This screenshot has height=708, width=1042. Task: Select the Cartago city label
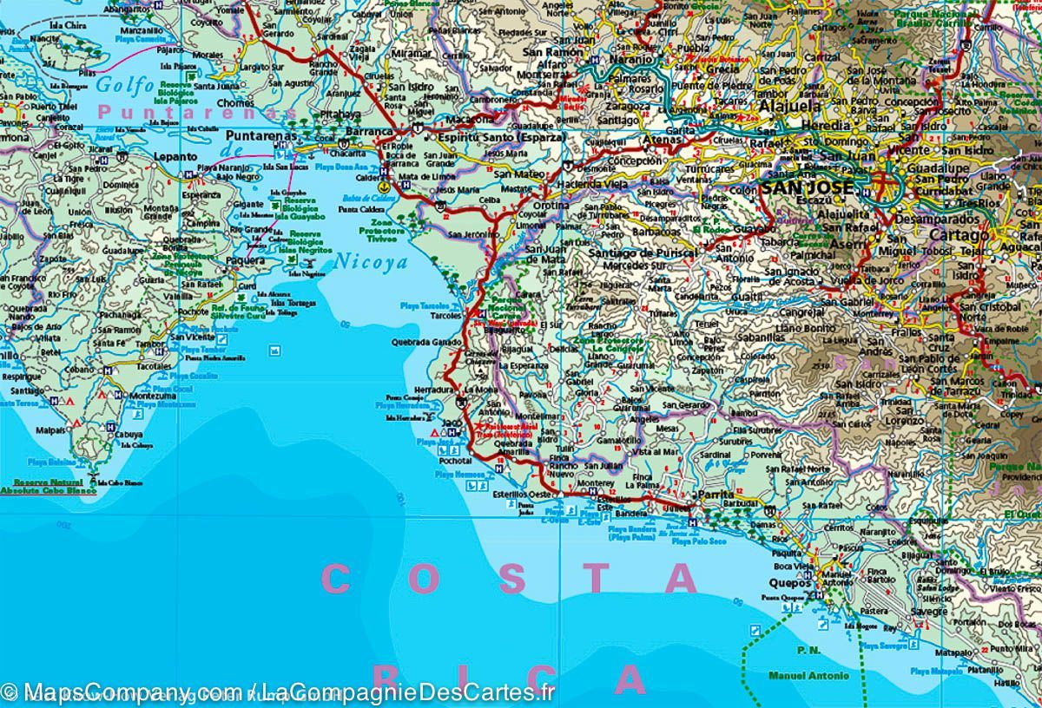[x=958, y=235]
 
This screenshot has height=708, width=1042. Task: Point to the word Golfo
[x=124, y=85]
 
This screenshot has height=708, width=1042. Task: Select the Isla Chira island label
[x=70, y=26]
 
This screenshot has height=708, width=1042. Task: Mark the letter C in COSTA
[x=341, y=579]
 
